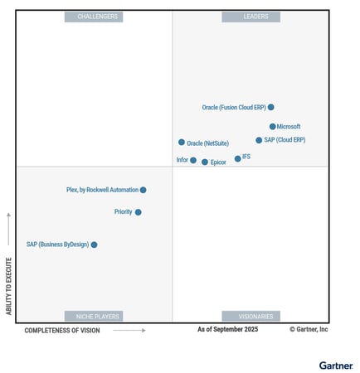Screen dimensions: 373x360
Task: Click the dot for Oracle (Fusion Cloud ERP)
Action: coord(271,107)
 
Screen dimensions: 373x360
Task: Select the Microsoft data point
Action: coord(272,127)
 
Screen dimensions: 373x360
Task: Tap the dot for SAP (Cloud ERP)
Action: coord(259,140)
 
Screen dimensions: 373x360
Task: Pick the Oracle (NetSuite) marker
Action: coord(182,143)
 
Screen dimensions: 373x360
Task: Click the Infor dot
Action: coord(193,160)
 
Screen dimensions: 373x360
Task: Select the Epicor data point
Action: coord(205,162)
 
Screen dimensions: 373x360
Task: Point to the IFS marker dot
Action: coord(237,158)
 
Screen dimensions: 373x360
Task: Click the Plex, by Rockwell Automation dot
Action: coord(143,190)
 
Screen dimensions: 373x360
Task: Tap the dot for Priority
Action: coord(138,212)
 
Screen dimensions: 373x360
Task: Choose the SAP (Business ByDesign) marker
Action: coord(94,245)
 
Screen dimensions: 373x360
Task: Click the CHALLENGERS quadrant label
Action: coord(97,17)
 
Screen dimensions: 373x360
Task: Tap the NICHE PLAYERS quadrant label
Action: coord(97,316)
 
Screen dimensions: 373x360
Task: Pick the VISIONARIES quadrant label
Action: coord(251,316)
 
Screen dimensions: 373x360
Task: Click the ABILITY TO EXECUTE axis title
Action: coord(9,283)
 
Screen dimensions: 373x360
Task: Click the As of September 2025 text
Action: coord(227,330)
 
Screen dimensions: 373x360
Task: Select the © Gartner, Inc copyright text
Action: coord(309,330)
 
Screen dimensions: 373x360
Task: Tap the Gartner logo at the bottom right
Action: coord(335,365)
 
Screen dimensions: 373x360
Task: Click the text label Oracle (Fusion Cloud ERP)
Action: coord(233,107)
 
